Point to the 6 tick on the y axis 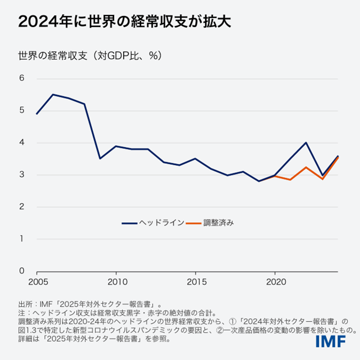(x=22, y=79)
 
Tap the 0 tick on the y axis (x=22, y=271)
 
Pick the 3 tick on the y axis (x=22, y=175)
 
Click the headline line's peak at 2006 (x=53, y=94)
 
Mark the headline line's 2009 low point (x=100, y=158)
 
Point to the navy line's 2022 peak (x=306, y=142)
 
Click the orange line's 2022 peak (x=306, y=167)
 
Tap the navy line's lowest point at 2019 (x=259, y=181)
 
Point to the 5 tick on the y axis (x=22, y=111)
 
